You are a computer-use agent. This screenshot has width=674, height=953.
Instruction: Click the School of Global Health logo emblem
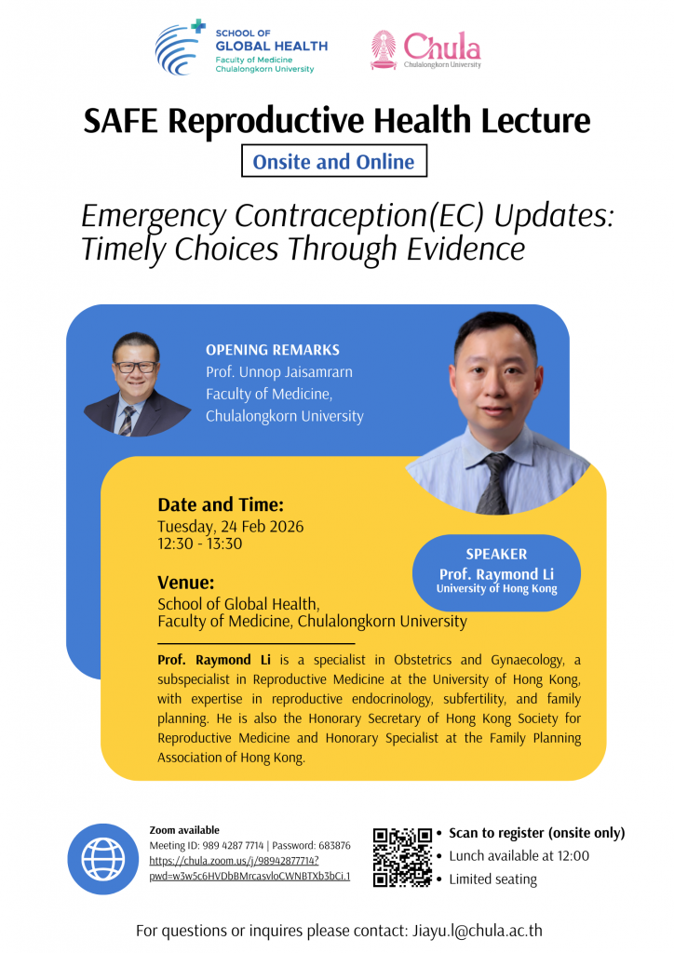coord(180,47)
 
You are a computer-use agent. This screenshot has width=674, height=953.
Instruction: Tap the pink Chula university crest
coord(384,50)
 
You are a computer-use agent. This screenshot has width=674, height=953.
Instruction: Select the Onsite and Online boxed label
coord(333,161)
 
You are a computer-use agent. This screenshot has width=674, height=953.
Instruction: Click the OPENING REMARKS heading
coord(272,350)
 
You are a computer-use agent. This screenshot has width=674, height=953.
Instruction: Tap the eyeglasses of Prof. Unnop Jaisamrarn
coord(136,367)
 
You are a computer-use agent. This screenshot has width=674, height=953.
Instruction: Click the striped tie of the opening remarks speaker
coord(127,421)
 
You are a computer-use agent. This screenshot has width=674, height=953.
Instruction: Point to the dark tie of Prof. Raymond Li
coord(495,484)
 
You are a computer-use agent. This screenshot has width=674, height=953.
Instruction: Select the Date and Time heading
coord(221,504)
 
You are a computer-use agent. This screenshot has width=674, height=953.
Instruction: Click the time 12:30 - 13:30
coord(200,544)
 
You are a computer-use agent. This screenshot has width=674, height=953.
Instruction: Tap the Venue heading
coord(186,583)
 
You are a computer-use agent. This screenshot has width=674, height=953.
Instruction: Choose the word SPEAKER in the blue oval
coord(496,554)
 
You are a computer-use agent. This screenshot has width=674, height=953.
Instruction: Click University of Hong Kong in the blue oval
coord(496,588)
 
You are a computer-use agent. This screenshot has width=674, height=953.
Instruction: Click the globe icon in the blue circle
coord(103,859)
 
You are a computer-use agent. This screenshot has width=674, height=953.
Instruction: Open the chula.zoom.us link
coord(249,868)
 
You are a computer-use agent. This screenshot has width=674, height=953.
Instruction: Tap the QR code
coord(402,857)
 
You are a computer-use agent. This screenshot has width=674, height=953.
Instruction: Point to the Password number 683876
coord(334,845)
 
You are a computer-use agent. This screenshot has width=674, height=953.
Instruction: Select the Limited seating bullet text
coord(492,879)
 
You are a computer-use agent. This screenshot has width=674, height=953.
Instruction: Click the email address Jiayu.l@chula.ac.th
coord(477,931)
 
